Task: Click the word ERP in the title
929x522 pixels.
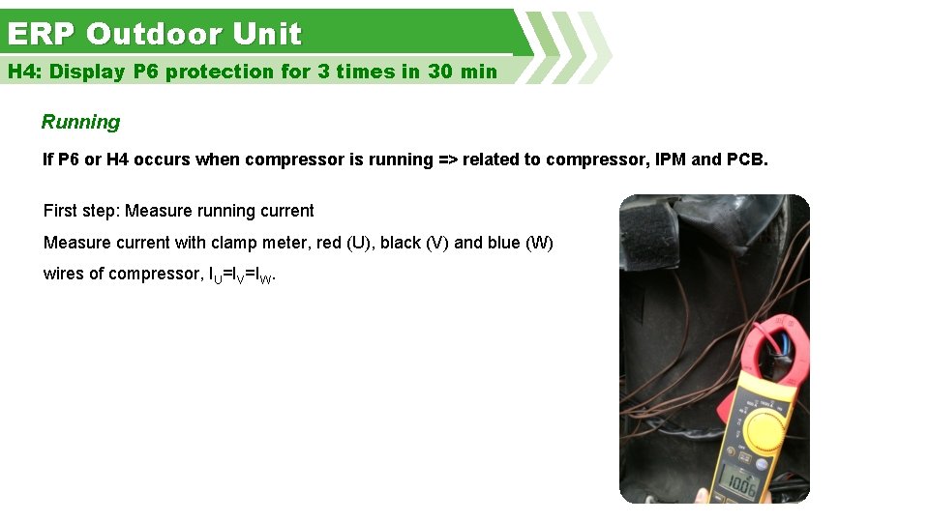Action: coord(41,35)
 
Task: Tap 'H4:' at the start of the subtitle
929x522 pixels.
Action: coord(25,72)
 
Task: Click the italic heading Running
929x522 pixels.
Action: coord(80,123)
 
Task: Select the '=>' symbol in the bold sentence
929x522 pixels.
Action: coord(448,159)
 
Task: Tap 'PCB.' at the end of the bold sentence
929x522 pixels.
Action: coord(747,159)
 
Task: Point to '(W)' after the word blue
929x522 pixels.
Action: coord(539,243)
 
